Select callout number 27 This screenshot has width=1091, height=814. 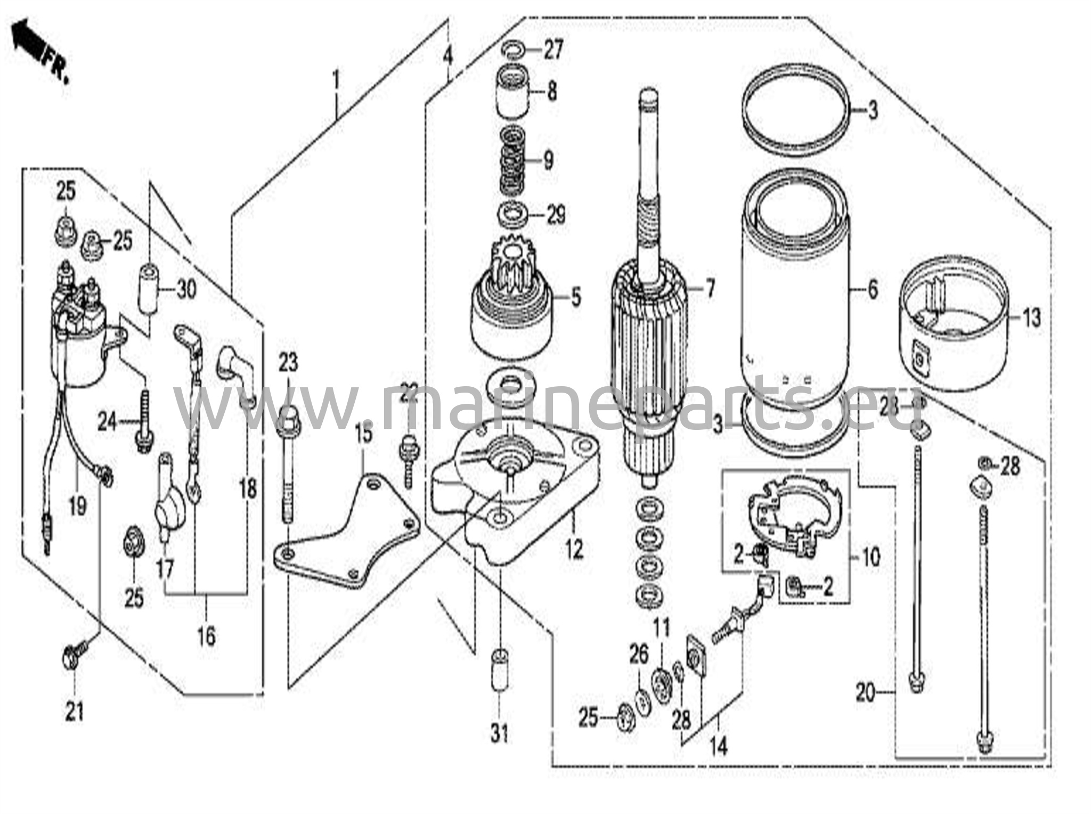coord(553,52)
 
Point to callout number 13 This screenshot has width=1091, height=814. coord(1031,318)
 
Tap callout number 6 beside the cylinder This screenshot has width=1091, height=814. coord(872,290)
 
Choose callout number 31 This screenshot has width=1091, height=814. coord(499,735)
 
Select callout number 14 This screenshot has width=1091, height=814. coord(718,747)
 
